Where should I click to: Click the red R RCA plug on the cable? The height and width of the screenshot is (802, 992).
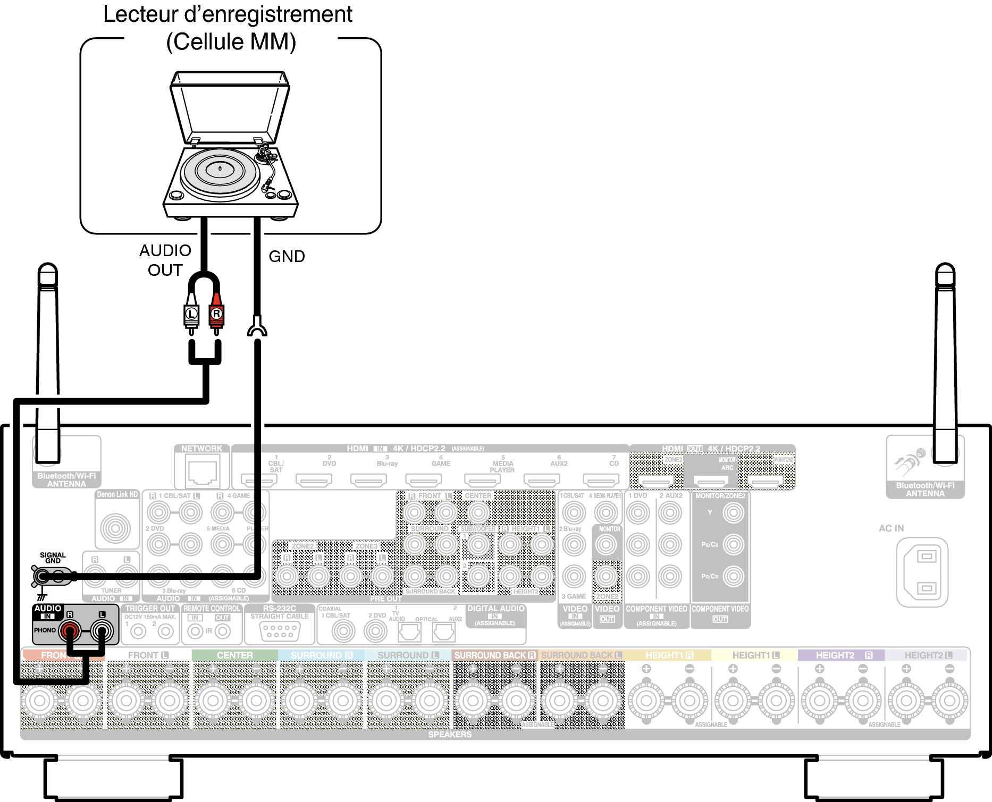(216, 314)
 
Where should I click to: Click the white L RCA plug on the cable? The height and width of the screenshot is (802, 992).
(191, 314)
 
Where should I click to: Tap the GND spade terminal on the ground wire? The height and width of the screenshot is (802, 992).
(257, 327)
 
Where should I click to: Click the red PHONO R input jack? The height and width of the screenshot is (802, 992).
(69, 631)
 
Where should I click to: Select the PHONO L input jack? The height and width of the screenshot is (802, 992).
(102, 631)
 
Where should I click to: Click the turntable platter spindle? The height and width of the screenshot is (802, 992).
(221, 168)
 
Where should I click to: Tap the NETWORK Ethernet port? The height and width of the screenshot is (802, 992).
(202, 472)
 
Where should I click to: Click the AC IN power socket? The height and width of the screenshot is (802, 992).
(922, 572)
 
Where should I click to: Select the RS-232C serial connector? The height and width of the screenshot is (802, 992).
(280, 631)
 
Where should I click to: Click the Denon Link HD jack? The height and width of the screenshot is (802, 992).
(115, 528)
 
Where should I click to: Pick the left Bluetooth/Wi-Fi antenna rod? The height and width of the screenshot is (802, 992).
(48, 361)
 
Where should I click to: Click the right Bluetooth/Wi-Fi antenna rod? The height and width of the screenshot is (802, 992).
(945, 361)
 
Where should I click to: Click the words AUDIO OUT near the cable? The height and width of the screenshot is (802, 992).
(165, 260)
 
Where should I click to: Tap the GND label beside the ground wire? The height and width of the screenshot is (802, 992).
(287, 256)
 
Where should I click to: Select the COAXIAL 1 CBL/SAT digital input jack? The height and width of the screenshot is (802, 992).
(343, 631)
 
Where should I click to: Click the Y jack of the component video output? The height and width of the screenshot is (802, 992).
(734, 513)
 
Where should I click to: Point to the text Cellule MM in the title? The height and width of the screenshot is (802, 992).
(231, 42)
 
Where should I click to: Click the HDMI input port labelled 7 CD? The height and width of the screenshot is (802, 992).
(601, 480)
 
